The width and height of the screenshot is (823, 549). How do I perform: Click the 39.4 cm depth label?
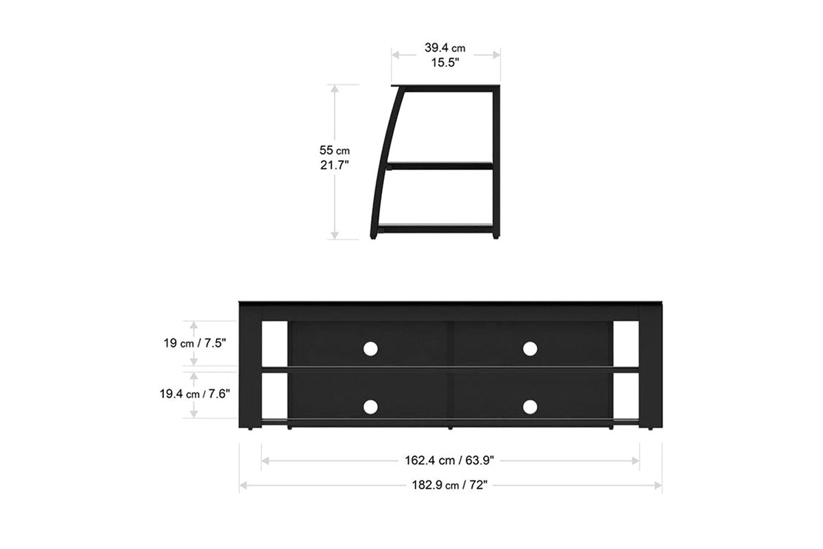[x=445, y=48]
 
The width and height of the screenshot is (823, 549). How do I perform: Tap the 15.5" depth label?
[x=445, y=62]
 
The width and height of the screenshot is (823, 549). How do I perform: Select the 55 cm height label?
[x=335, y=150]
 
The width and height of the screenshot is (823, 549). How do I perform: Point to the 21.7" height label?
[x=335, y=165]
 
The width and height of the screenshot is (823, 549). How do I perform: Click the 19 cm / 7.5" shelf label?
[x=195, y=343]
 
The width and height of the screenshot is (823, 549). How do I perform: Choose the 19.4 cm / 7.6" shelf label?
[x=195, y=394]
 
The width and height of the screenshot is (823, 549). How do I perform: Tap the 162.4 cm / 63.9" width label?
[x=449, y=460]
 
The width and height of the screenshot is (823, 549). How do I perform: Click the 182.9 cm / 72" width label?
[x=449, y=485]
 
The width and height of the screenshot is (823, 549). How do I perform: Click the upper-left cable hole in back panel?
[x=370, y=349]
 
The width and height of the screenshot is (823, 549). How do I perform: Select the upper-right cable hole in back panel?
[x=529, y=349]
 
